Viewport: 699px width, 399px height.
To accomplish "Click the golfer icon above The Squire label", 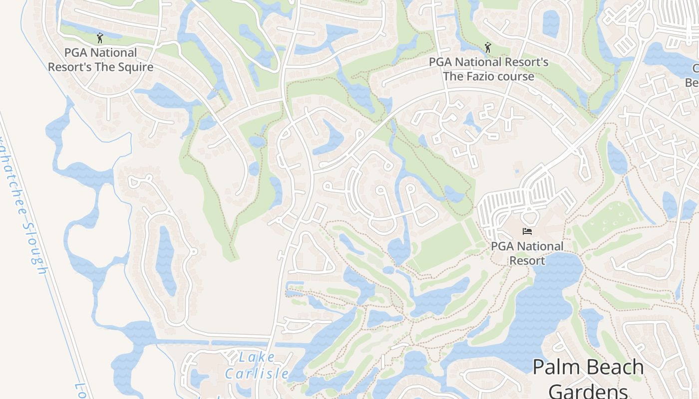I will (x=100, y=38).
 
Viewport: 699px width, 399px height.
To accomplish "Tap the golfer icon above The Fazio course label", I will (x=488, y=47).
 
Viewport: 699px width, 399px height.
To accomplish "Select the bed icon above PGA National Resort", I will (x=527, y=231).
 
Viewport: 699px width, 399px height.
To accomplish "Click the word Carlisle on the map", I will (x=257, y=373).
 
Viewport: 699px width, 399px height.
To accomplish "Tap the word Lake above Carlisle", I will (x=257, y=357).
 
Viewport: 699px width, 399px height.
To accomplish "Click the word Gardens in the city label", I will (x=588, y=391).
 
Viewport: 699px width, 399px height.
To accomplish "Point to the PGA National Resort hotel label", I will (x=527, y=253).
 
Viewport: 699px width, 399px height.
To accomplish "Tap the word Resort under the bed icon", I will (x=527, y=260).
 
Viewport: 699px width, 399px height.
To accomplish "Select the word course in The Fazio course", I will (x=516, y=76).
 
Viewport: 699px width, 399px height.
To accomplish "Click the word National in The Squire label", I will (x=113, y=53).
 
